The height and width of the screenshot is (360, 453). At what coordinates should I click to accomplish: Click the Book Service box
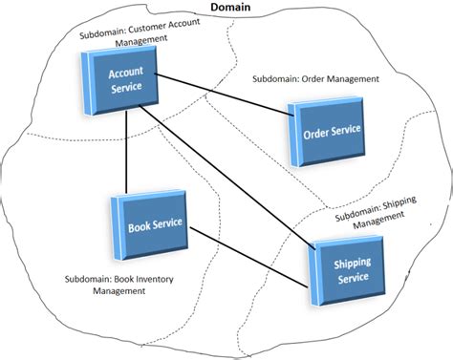click(x=151, y=227)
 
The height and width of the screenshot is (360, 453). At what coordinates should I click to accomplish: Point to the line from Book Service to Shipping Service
click(x=248, y=254)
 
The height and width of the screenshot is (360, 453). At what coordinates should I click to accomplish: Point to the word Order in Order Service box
click(x=315, y=133)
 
